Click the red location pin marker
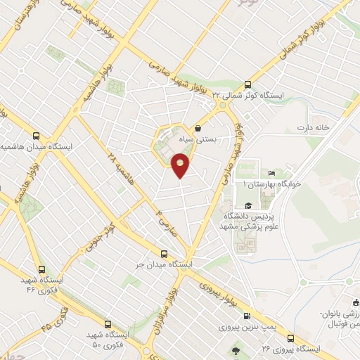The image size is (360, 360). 181,167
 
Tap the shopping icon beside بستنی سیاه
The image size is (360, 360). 199,129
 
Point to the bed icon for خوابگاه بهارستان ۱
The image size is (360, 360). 271,174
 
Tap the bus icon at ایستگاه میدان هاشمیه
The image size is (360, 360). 37,136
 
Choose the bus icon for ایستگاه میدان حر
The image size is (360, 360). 165,254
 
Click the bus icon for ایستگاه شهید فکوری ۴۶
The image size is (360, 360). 42,269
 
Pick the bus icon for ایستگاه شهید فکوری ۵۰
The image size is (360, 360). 108,324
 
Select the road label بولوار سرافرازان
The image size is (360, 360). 161,323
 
